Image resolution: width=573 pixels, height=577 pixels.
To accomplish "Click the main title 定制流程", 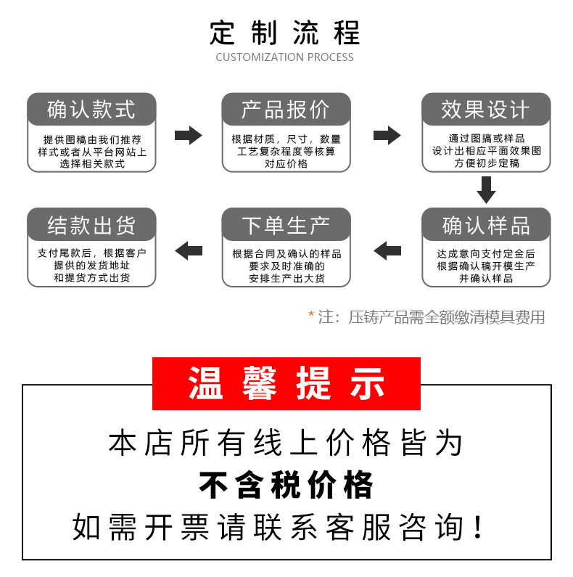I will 285,33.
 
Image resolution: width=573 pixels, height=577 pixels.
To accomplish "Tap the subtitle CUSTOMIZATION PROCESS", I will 285,57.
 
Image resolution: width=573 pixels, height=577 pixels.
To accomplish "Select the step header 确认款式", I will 91,110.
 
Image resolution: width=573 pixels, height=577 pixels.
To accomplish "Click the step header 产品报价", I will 286,110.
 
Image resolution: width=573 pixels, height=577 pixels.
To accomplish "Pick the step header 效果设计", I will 486,110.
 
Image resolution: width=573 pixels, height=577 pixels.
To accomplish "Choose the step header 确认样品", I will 486,225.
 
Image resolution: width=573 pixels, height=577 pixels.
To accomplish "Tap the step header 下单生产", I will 286,225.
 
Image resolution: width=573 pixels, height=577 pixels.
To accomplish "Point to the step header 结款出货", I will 91,225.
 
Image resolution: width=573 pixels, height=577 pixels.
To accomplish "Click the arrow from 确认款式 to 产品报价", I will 189,134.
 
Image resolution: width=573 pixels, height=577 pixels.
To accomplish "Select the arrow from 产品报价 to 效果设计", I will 387,134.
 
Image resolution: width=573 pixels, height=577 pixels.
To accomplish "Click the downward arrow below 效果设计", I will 486,190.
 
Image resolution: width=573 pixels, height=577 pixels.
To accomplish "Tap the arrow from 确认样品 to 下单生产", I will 387,251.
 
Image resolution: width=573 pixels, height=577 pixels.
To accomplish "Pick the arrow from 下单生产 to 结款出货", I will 189,251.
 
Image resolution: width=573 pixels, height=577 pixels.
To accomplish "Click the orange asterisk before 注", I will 311,316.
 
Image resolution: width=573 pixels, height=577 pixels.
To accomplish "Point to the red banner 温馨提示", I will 286,383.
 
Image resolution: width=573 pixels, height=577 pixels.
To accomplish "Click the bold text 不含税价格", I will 286,485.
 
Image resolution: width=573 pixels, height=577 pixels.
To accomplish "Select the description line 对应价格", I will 286,164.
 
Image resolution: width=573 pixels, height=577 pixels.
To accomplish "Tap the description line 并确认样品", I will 486,279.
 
